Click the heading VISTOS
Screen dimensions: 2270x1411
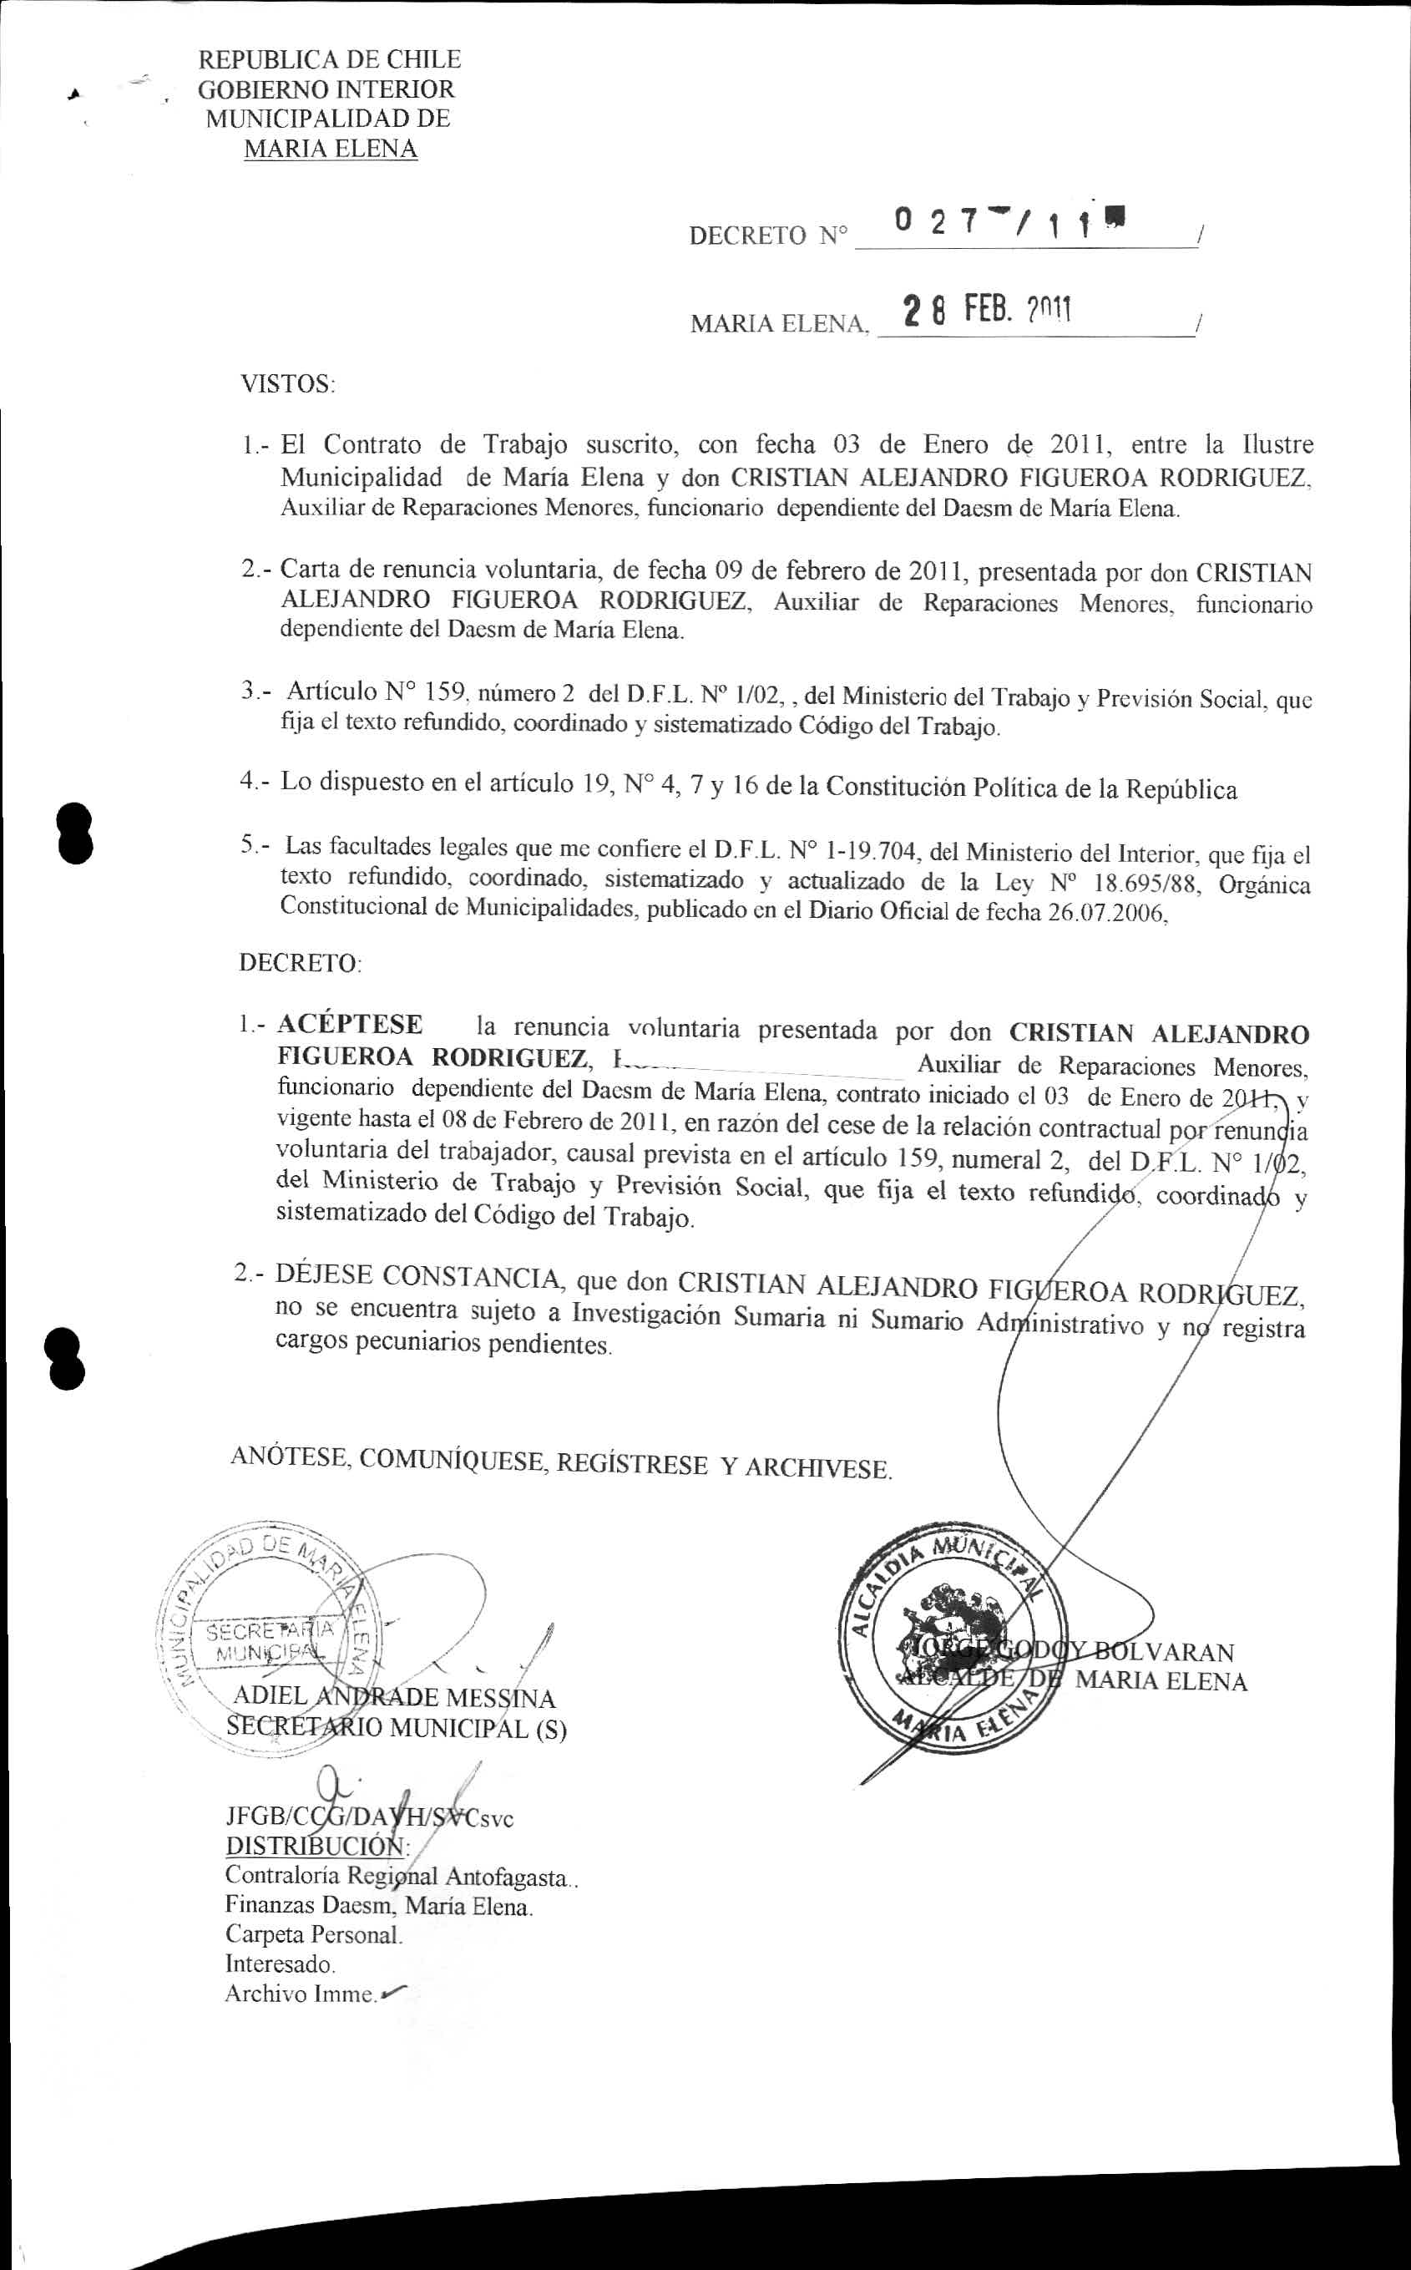tap(286, 383)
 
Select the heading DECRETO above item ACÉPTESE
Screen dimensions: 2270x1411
tap(300, 962)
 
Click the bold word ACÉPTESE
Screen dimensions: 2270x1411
tap(350, 1025)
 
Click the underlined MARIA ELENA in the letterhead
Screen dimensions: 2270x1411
tap(330, 149)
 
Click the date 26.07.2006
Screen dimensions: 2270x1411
tap(1107, 913)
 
